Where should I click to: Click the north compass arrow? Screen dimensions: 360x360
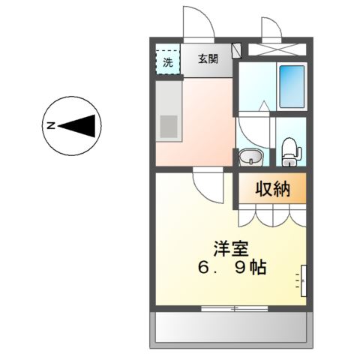[78, 126]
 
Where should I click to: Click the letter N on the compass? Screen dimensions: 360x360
[51, 126]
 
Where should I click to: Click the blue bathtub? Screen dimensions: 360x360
[291, 86]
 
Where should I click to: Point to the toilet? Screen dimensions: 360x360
[289, 152]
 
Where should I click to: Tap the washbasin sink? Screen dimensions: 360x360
[250, 157]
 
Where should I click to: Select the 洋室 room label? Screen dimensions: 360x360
[230, 249]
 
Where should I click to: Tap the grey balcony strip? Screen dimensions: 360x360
[232, 328]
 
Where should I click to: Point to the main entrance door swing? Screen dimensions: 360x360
[199, 22]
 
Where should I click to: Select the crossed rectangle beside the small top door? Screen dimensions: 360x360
[277, 51]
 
